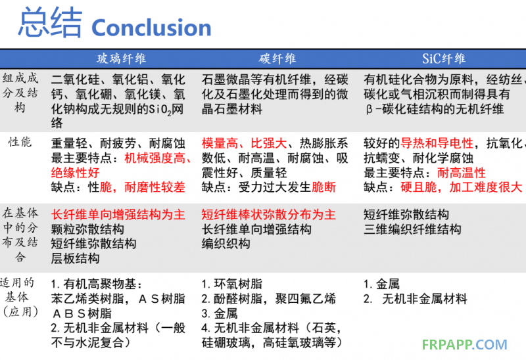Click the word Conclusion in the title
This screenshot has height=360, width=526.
[151, 28]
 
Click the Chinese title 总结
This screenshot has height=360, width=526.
[51, 24]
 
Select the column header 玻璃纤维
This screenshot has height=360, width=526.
[122, 59]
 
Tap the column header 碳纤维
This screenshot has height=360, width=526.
[277, 59]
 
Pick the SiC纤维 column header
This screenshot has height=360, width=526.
[443, 59]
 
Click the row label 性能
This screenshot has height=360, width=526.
[20, 142]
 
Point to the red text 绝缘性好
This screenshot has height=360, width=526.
[76, 173]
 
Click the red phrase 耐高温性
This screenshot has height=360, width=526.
[462, 173]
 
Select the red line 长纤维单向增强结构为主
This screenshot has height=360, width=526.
[118, 215]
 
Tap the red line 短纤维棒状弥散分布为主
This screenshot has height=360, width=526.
[269, 215]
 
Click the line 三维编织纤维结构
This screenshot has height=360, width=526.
[412, 229]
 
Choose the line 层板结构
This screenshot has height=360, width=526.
[76, 258]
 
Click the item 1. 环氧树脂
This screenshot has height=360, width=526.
[232, 284]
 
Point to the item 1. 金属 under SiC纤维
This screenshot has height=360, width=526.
[382, 284]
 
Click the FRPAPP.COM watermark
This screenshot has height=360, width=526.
[465, 345]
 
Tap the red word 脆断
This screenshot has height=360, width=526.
[323, 187]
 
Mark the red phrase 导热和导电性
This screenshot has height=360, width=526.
[437, 143]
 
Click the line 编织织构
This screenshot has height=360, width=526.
[226, 244]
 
